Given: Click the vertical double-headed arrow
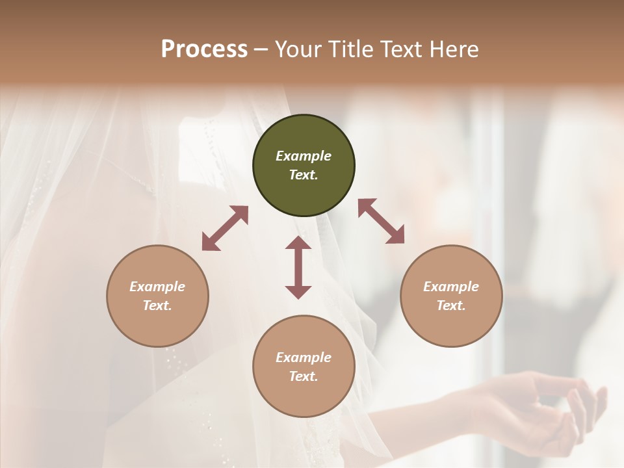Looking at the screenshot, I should pos(298,267).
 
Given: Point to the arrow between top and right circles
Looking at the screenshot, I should pos(381,221).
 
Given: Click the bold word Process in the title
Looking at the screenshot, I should pos(204,49).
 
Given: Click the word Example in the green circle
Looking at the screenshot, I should pos(304,156).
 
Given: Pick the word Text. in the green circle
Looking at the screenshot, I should pos(304,175).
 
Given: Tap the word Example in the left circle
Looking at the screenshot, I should pos(157,287).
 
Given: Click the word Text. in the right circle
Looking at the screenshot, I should pos(451,305).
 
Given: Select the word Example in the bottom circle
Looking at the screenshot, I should pos(304,357).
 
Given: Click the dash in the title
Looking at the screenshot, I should pos(261,49).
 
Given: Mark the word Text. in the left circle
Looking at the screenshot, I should pos(157,305).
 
